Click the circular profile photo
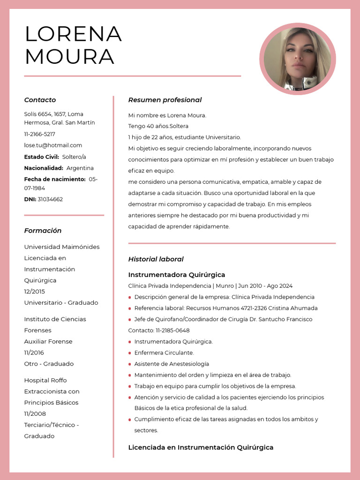tap(298, 59)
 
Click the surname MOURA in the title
tap(70, 57)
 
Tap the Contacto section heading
tap(40, 100)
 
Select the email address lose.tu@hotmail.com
tap(53, 145)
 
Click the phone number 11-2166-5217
tap(39, 134)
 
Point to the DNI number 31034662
tap(50, 199)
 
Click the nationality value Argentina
tap(80, 168)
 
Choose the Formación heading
tap(43, 231)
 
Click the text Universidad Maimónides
tap(62, 247)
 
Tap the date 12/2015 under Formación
tap(35, 292)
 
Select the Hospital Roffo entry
tap(45, 380)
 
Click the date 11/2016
tap(34, 352)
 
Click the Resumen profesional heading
tap(165, 100)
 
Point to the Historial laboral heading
tap(156, 259)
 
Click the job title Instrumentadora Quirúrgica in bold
tap(177, 275)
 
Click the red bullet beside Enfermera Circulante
tap(130, 353)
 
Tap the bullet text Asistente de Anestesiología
tap(172, 364)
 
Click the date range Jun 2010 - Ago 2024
tap(265, 286)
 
